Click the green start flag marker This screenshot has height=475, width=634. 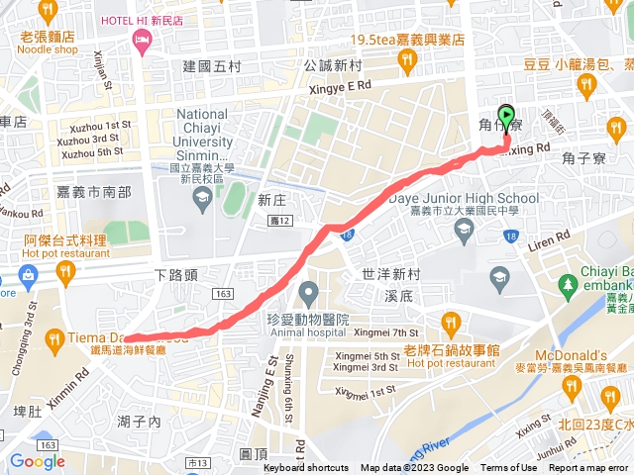click(507, 118)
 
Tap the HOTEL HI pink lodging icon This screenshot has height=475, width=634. click(140, 40)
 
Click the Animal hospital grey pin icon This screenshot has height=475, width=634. click(309, 293)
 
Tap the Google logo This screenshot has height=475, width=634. click(37, 460)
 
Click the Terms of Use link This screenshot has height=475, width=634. click(509, 468)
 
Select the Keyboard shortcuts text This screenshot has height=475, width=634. click(306, 468)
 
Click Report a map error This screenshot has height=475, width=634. click(588, 468)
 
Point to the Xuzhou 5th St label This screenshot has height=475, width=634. click(92, 152)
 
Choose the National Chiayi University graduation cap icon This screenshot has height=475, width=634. click(202, 196)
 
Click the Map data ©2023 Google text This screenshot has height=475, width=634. click(414, 468)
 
